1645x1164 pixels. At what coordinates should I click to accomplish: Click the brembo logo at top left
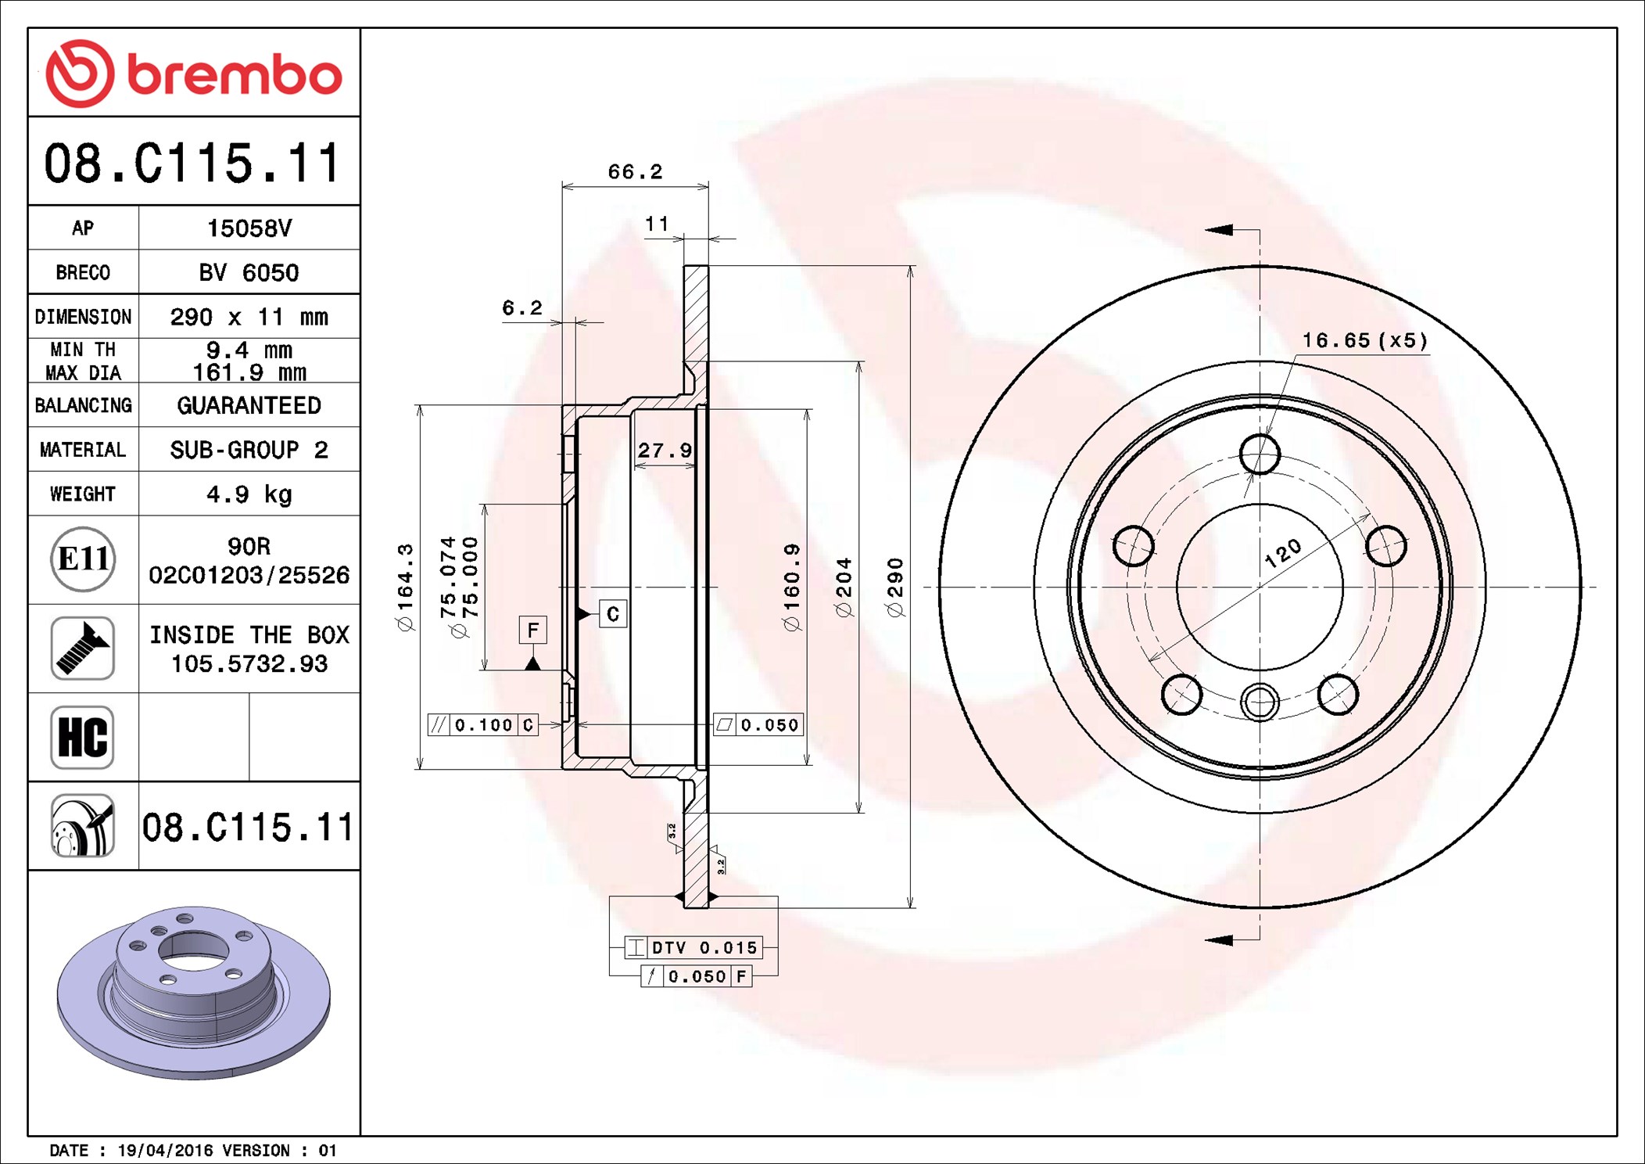[194, 74]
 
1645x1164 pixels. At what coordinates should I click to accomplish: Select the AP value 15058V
[249, 228]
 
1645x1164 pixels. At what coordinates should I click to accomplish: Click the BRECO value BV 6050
[249, 272]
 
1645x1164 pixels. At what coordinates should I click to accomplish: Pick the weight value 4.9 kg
[249, 494]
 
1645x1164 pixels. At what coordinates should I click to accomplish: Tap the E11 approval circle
[83, 559]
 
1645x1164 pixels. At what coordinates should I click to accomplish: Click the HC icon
[83, 737]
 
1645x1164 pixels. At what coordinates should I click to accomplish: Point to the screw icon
[83, 648]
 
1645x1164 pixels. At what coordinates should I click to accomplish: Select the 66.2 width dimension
[635, 171]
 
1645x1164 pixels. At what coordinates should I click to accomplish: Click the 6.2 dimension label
[521, 307]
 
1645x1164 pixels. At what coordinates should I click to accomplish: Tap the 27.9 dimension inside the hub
[665, 450]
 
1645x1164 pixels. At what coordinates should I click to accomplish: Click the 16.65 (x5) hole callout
[1364, 340]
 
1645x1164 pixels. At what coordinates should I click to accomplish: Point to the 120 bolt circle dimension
[1283, 553]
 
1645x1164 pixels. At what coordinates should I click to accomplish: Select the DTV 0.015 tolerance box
[693, 947]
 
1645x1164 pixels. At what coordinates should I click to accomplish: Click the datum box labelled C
[613, 614]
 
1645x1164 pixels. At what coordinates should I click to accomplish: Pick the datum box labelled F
[533, 630]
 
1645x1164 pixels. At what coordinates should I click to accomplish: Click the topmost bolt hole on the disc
[1260, 454]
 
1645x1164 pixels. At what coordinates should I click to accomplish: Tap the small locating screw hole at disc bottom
[1260, 701]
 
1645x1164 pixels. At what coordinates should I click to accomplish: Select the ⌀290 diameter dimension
[895, 587]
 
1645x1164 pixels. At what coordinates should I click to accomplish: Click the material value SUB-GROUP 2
[249, 450]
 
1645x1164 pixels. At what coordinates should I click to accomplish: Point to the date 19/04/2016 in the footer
[165, 1150]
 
